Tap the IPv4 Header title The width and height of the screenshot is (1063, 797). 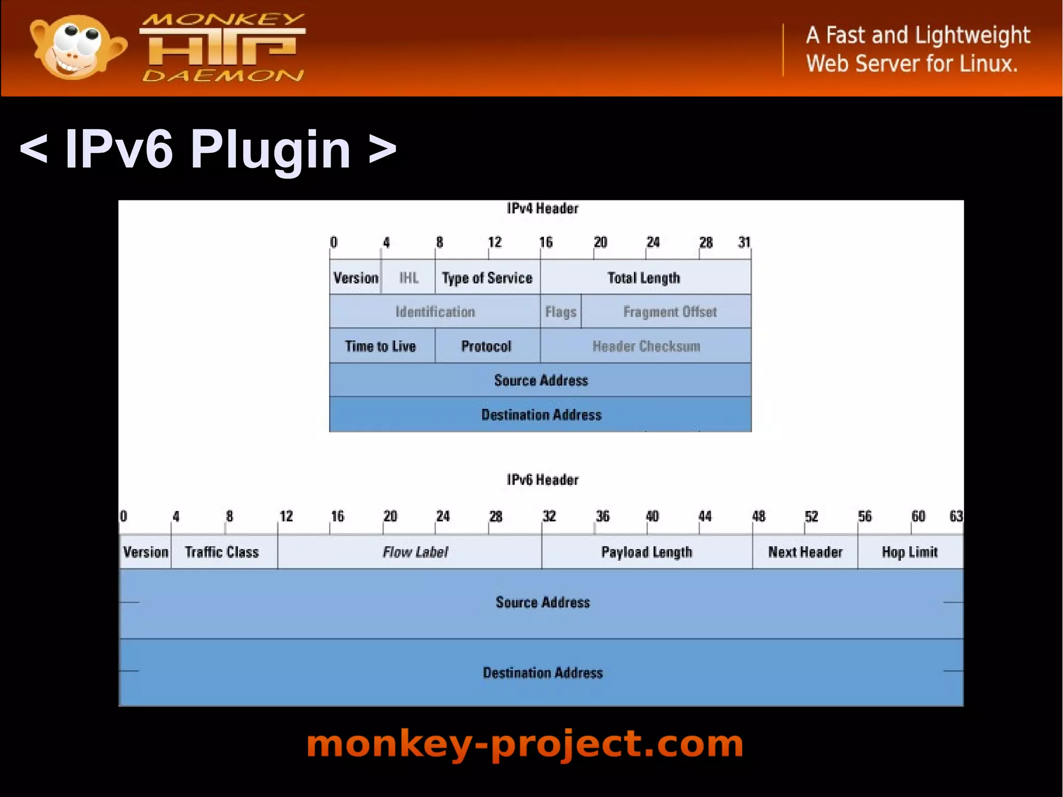coord(542,209)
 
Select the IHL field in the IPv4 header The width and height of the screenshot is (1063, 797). coord(408,278)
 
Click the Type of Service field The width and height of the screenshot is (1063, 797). coord(487,278)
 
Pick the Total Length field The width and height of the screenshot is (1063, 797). coord(644,278)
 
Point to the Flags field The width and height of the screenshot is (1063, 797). coord(561,312)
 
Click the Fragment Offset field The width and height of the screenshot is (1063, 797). coord(670,312)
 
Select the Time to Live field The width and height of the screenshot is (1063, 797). coord(380,346)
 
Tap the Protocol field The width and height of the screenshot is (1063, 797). coord(486,346)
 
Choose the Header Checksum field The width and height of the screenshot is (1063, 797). coord(646,346)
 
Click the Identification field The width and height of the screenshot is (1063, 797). coord(435,312)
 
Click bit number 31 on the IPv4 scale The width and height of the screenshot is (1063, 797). coord(744,242)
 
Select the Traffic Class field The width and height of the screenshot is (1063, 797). coord(222,552)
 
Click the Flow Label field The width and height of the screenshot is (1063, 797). coord(415,552)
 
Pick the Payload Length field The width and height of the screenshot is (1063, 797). coord(647,552)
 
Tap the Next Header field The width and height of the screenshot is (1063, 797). coord(805,552)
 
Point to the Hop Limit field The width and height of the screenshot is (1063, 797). coord(910,552)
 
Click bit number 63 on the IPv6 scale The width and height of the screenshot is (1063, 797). coord(956,516)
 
